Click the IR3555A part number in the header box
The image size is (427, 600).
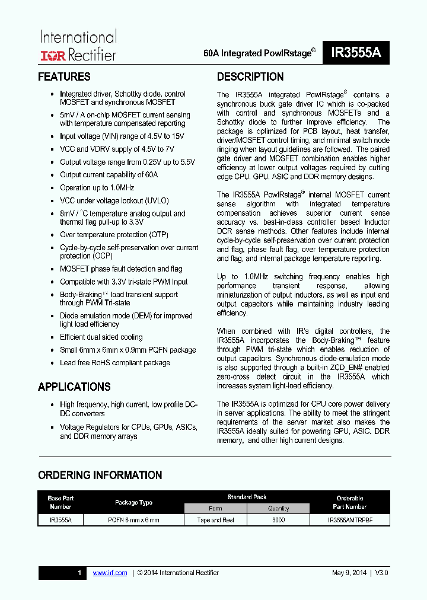(x=356, y=52)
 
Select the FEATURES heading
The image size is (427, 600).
(x=64, y=77)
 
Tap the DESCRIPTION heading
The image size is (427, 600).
(x=250, y=77)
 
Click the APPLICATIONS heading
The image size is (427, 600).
(x=74, y=387)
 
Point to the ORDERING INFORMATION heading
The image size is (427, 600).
(x=100, y=475)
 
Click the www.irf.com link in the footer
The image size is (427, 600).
(x=110, y=573)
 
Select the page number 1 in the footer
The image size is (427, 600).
(x=79, y=573)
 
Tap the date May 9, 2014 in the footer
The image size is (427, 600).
(x=349, y=573)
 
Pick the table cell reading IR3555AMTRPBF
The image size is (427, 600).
(x=350, y=520)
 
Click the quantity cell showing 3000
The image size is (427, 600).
(x=278, y=520)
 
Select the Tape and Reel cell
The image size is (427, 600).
(x=216, y=520)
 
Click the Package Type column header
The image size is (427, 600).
(x=133, y=502)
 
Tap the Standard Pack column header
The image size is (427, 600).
(x=247, y=497)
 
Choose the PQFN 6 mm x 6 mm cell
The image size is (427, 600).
(x=133, y=520)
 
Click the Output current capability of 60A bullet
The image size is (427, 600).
(x=109, y=175)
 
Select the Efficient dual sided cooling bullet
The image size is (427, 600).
(x=101, y=337)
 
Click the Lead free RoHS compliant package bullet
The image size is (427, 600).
(x=114, y=363)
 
